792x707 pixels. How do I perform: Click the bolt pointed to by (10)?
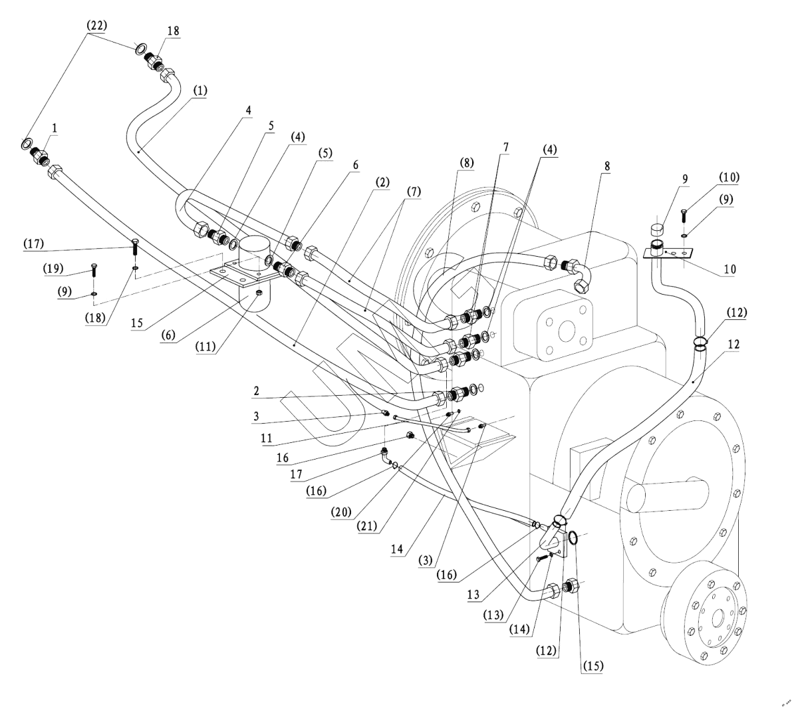point(684,217)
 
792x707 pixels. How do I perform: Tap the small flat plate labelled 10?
point(672,253)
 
